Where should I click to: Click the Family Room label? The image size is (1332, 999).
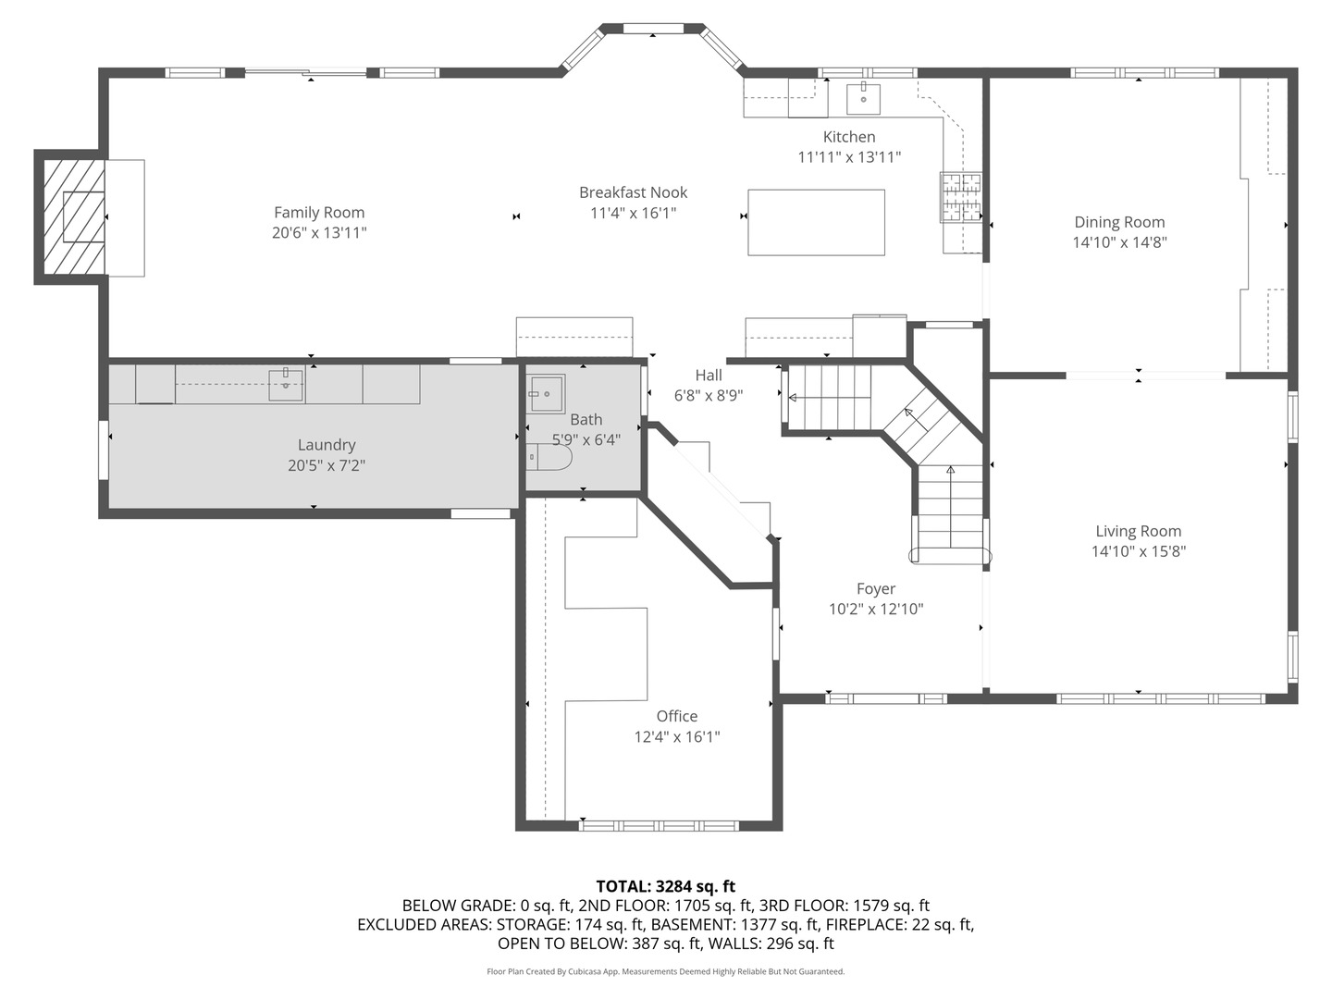(x=319, y=213)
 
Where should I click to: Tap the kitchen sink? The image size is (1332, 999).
(x=863, y=97)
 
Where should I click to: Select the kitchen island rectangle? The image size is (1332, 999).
(x=816, y=222)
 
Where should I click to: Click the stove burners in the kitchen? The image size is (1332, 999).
(x=960, y=198)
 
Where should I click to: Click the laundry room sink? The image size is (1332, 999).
(x=286, y=385)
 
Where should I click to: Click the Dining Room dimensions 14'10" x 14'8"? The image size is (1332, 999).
(x=1119, y=242)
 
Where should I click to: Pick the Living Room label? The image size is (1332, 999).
(x=1138, y=531)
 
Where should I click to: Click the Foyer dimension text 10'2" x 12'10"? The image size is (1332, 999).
(x=876, y=609)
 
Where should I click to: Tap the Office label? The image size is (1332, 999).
(x=676, y=716)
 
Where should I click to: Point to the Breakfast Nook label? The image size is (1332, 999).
(x=633, y=192)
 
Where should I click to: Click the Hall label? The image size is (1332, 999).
(x=709, y=375)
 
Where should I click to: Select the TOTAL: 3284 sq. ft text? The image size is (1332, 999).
(x=665, y=886)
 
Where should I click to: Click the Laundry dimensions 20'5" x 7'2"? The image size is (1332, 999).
(x=326, y=465)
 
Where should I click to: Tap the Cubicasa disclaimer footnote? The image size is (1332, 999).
(x=665, y=971)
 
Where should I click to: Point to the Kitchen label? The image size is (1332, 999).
(x=849, y=137)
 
